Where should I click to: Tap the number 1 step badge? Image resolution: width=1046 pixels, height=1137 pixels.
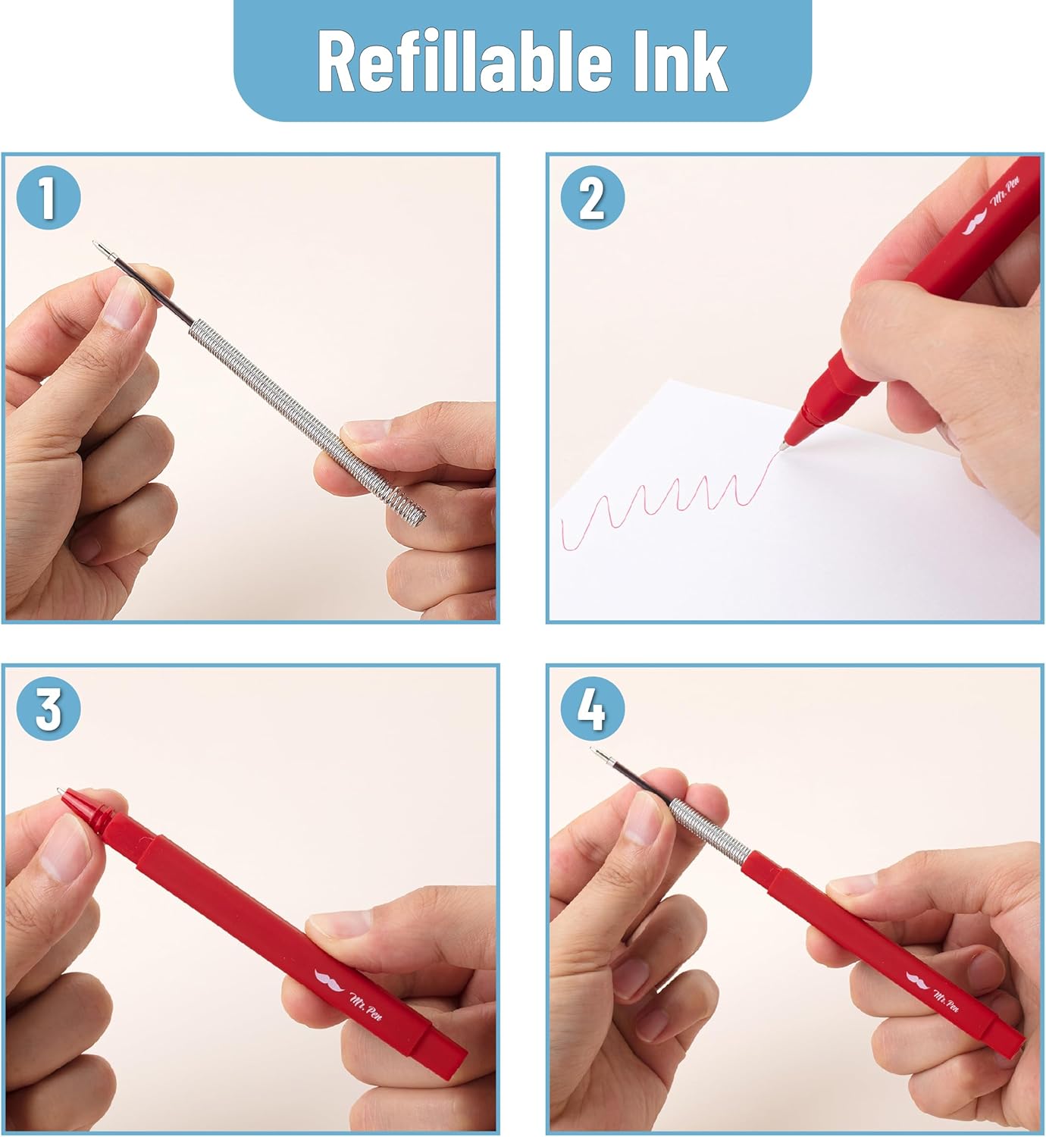(49, 197)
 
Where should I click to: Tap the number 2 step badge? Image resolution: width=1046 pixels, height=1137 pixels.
(593, 197)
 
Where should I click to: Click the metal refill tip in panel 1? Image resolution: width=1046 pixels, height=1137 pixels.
(102, 249)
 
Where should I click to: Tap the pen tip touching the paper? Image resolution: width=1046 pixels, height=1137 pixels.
(784, 446)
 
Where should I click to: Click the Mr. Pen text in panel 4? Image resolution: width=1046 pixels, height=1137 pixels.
(946, 1001)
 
